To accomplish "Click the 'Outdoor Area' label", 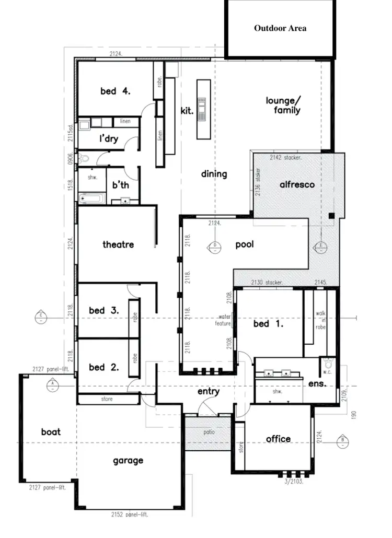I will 280,28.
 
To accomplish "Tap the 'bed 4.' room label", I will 115,91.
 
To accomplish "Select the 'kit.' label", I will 187,110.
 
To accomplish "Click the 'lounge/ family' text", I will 284,105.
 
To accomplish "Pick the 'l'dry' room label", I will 109,139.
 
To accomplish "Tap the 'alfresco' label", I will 297,184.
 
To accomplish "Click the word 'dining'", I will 214,174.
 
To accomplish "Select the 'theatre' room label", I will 118,244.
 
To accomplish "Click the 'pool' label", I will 244,244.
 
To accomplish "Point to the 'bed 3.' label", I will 103,310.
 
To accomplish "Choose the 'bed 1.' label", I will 268,324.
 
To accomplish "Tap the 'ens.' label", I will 317,383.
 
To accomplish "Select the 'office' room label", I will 278,439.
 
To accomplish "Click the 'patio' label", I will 209,432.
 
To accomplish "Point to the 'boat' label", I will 51,432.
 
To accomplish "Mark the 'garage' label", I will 128,461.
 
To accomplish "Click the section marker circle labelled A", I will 53,387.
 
